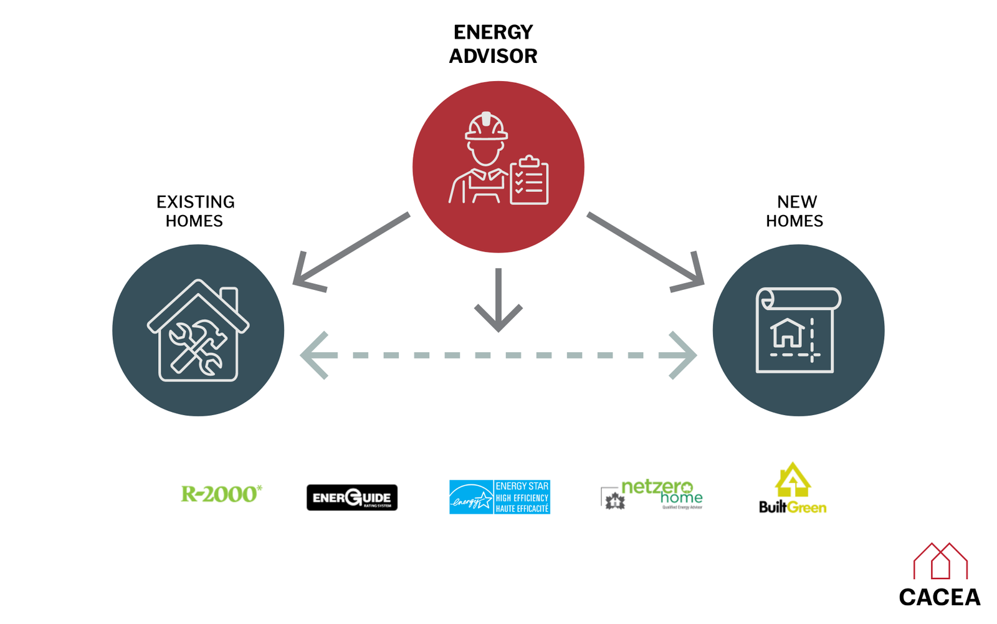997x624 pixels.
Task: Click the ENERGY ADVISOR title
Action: point(493,44)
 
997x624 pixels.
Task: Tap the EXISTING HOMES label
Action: point(195,211)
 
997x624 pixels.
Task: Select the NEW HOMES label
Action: point(795,211)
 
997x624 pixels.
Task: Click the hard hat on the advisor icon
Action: point(486,127)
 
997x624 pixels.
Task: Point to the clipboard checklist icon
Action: point(529,181)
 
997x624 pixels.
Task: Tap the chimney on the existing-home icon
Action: point(229,299)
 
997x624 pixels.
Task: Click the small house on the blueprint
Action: point(788,332)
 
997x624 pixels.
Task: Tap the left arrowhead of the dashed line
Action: point(316,355)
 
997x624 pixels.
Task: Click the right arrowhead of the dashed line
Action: point(682,355)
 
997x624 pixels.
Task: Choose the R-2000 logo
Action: point(221,494)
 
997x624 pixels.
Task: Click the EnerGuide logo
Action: point(351,497)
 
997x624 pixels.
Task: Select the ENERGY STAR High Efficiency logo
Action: point(500,497)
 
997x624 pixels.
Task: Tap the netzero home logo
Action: point(652,496)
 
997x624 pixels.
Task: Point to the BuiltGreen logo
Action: point(793,489)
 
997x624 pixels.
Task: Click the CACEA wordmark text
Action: point(939,597)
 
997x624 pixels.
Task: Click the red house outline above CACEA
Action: point(940,560)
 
